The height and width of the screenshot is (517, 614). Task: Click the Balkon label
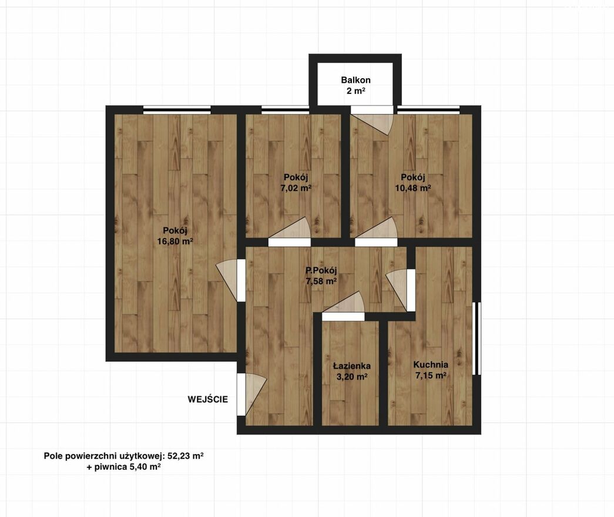tap(355, 80)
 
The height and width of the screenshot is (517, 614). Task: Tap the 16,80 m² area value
tap(175, 241)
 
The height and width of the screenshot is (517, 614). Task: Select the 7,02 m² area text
tap(296, 188)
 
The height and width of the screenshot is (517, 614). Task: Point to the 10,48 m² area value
tap(413, 188)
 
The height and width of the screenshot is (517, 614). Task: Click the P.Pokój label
tap(321, 270)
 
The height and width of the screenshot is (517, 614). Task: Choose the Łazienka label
tap(351, 366)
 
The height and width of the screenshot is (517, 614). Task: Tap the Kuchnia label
tap(431, 365)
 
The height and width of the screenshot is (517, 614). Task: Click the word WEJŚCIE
tap(207, 399)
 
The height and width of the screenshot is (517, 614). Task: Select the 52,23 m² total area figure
tap(186, 456)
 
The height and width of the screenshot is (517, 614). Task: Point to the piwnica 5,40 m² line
tap(124, 467)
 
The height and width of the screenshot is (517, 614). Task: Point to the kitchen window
tap(477, 338)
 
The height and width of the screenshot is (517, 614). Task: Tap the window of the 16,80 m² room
tap(177, 110)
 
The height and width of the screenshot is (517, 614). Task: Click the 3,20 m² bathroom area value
tap(351, 377)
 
